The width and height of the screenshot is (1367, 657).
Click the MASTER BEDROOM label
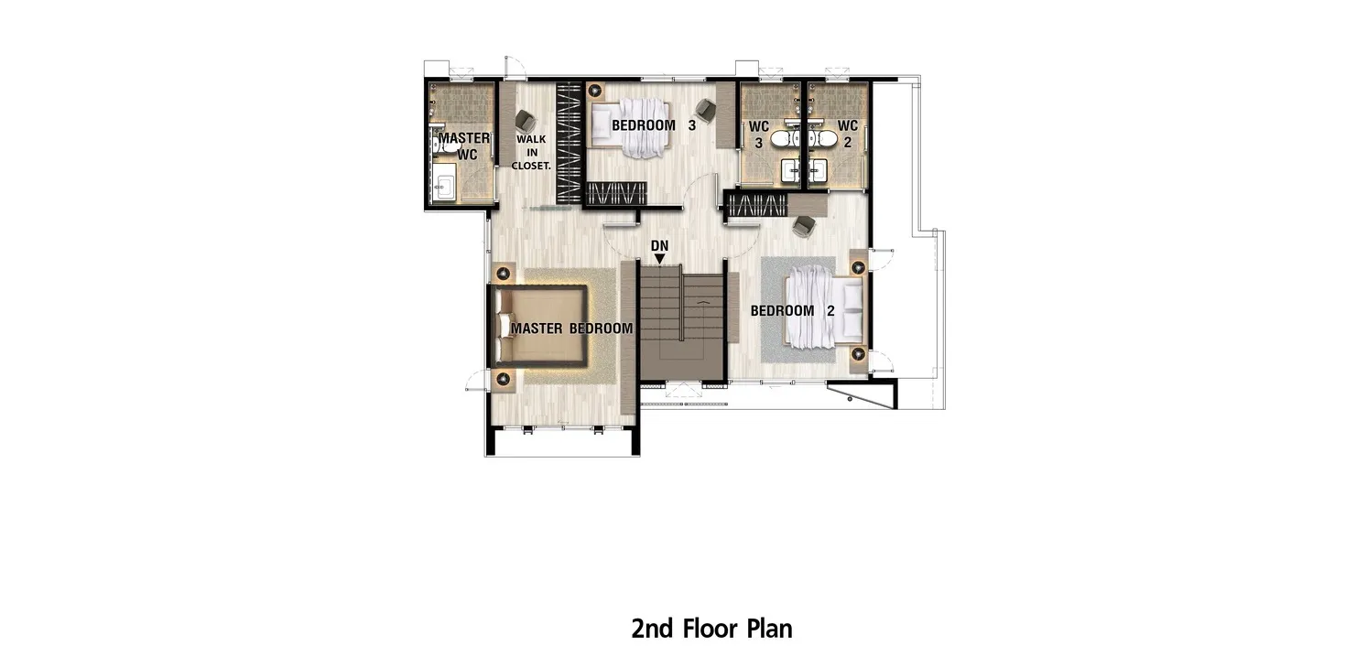point(572,328)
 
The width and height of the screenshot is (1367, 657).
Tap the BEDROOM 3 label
point(654,125)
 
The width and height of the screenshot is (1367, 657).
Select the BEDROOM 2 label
point(792,310)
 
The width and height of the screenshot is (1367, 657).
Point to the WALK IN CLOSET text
point(531,153)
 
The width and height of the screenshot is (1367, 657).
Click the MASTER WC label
point(464,146)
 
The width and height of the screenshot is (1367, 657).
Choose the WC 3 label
point(758,135)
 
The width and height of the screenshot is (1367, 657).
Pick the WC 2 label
point(848,135)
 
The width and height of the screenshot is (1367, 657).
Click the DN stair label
point(660,246)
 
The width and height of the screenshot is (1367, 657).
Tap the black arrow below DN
point(660,259)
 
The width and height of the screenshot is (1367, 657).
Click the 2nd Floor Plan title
point(711,629)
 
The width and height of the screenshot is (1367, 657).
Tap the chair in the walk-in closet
point(526,122)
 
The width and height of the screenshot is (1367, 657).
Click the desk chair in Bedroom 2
point(804,226)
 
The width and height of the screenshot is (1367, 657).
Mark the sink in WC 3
point(790,171)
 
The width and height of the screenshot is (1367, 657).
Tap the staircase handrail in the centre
point(680,303)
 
